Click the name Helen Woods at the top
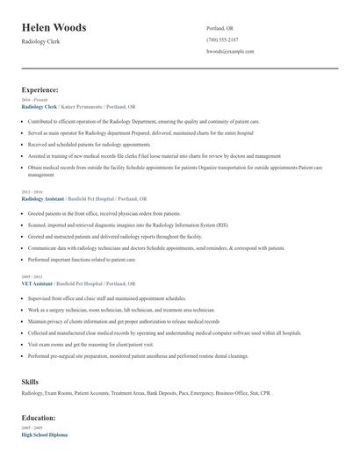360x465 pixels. click(54, 28)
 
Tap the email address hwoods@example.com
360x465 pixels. click(230, 52)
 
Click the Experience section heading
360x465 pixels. click(40, 89)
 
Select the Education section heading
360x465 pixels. click(39, 418)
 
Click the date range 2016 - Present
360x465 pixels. click(32, 100)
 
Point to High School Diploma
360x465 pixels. click(45, 435)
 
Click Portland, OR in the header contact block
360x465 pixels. click(220, 27)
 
